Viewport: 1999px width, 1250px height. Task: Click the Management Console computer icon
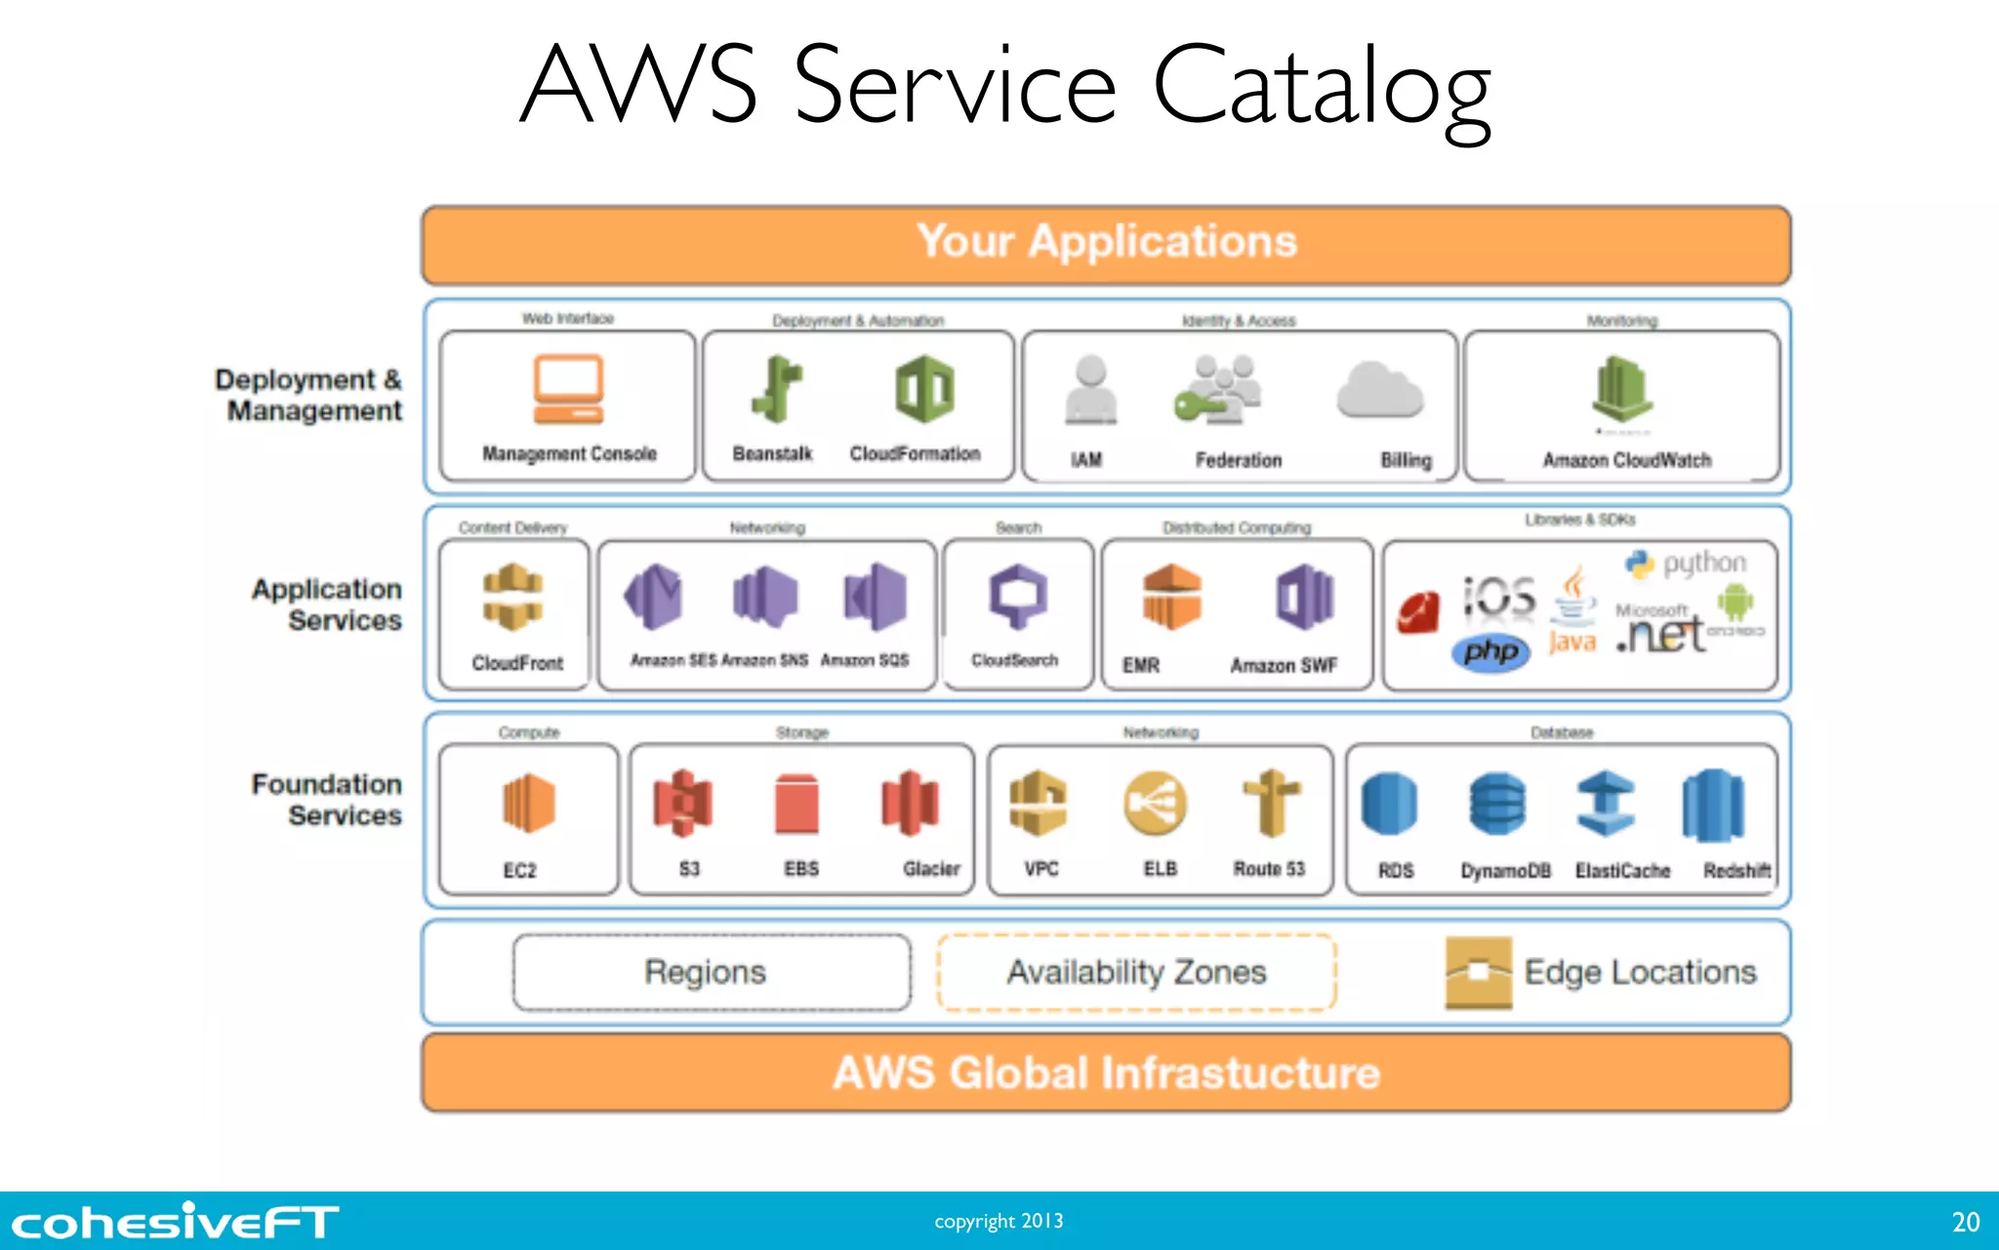[x=568, y=390]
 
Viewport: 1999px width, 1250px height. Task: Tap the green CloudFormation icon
[x=924, y=390]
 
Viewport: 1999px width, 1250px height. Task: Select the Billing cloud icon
[x=1379, y=391]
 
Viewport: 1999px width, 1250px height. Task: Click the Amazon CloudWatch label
[x=1626, y=460]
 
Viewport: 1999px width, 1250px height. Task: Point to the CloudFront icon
[x=513, y=597]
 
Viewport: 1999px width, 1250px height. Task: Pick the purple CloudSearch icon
[x=1017, y=596]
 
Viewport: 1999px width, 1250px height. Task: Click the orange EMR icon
[x=1171, y=597]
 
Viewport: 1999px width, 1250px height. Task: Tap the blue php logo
[x=1490, y=651]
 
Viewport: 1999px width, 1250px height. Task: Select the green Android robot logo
[x=1734, y=603]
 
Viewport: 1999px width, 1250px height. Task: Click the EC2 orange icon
[x=528, y=804]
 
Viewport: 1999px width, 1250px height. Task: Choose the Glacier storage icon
[x=910, y=804]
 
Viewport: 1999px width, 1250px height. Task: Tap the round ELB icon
[x=1156, y=805]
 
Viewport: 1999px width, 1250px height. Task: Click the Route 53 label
[x=1268, y=868]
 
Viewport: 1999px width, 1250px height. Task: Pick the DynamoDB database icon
[x=1496, y=804]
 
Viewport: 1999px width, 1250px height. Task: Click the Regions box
[x=711, y=973]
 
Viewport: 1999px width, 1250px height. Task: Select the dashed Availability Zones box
[x=1136, y=973]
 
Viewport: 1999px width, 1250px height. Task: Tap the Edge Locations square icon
[x=1478, y=972]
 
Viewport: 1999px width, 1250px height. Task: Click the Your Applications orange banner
[x=1106, y=243]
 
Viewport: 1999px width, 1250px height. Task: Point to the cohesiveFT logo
[x=175, y=1222]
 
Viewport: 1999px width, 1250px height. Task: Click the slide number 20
[x=1965, y=1222]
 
